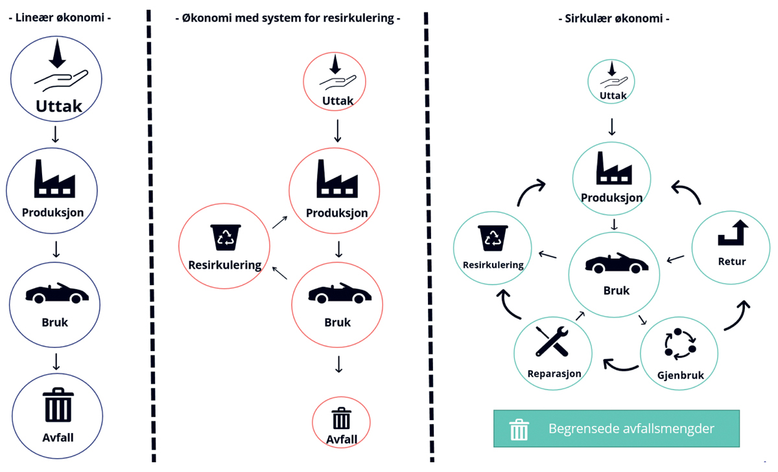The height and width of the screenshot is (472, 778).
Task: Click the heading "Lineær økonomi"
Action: coord(60,18)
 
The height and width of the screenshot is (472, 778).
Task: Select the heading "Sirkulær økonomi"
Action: coord(613,19)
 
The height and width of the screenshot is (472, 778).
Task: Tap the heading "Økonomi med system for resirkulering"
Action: coord(288,18)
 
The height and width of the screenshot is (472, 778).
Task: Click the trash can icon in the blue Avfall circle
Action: coord(58,406)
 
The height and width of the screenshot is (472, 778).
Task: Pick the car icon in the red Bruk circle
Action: coord(337,293)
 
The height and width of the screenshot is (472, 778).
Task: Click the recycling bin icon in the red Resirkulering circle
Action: coord(226,238)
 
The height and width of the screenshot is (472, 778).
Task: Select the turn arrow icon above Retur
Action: coord(733,232)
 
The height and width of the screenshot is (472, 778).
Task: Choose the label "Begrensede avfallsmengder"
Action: coord(631,429)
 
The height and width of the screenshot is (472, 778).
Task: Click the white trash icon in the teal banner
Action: coord(519,429)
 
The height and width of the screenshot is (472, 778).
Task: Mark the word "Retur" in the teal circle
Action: coord(732,262)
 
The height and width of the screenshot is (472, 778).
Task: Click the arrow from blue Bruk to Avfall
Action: coord(57,361)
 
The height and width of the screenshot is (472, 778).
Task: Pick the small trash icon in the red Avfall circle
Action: coord(341,419)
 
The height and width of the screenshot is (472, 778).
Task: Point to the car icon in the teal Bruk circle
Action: coord(616,262)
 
